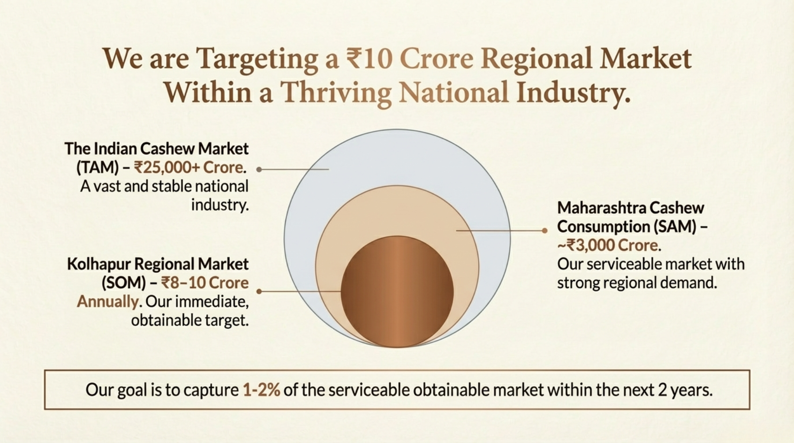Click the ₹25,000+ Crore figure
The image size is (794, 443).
pyautogui.click(x=188, y=167)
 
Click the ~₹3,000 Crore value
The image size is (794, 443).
pyautogui.click(x=608, y=245)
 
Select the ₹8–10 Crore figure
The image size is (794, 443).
pyautogui.click(x=205, y=283)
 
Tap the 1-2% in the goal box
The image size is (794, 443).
pyautogui.click(x=261, y=390)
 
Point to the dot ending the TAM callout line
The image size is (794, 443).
pyautogui.click(x=259, y=170)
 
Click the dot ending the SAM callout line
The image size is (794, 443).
pyautogui.click(x=545, y=231)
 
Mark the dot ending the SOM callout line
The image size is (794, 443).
pyautogui.click(x=259, y=292)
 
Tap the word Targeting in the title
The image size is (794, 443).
pyautogui.click(x=257, y=59)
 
